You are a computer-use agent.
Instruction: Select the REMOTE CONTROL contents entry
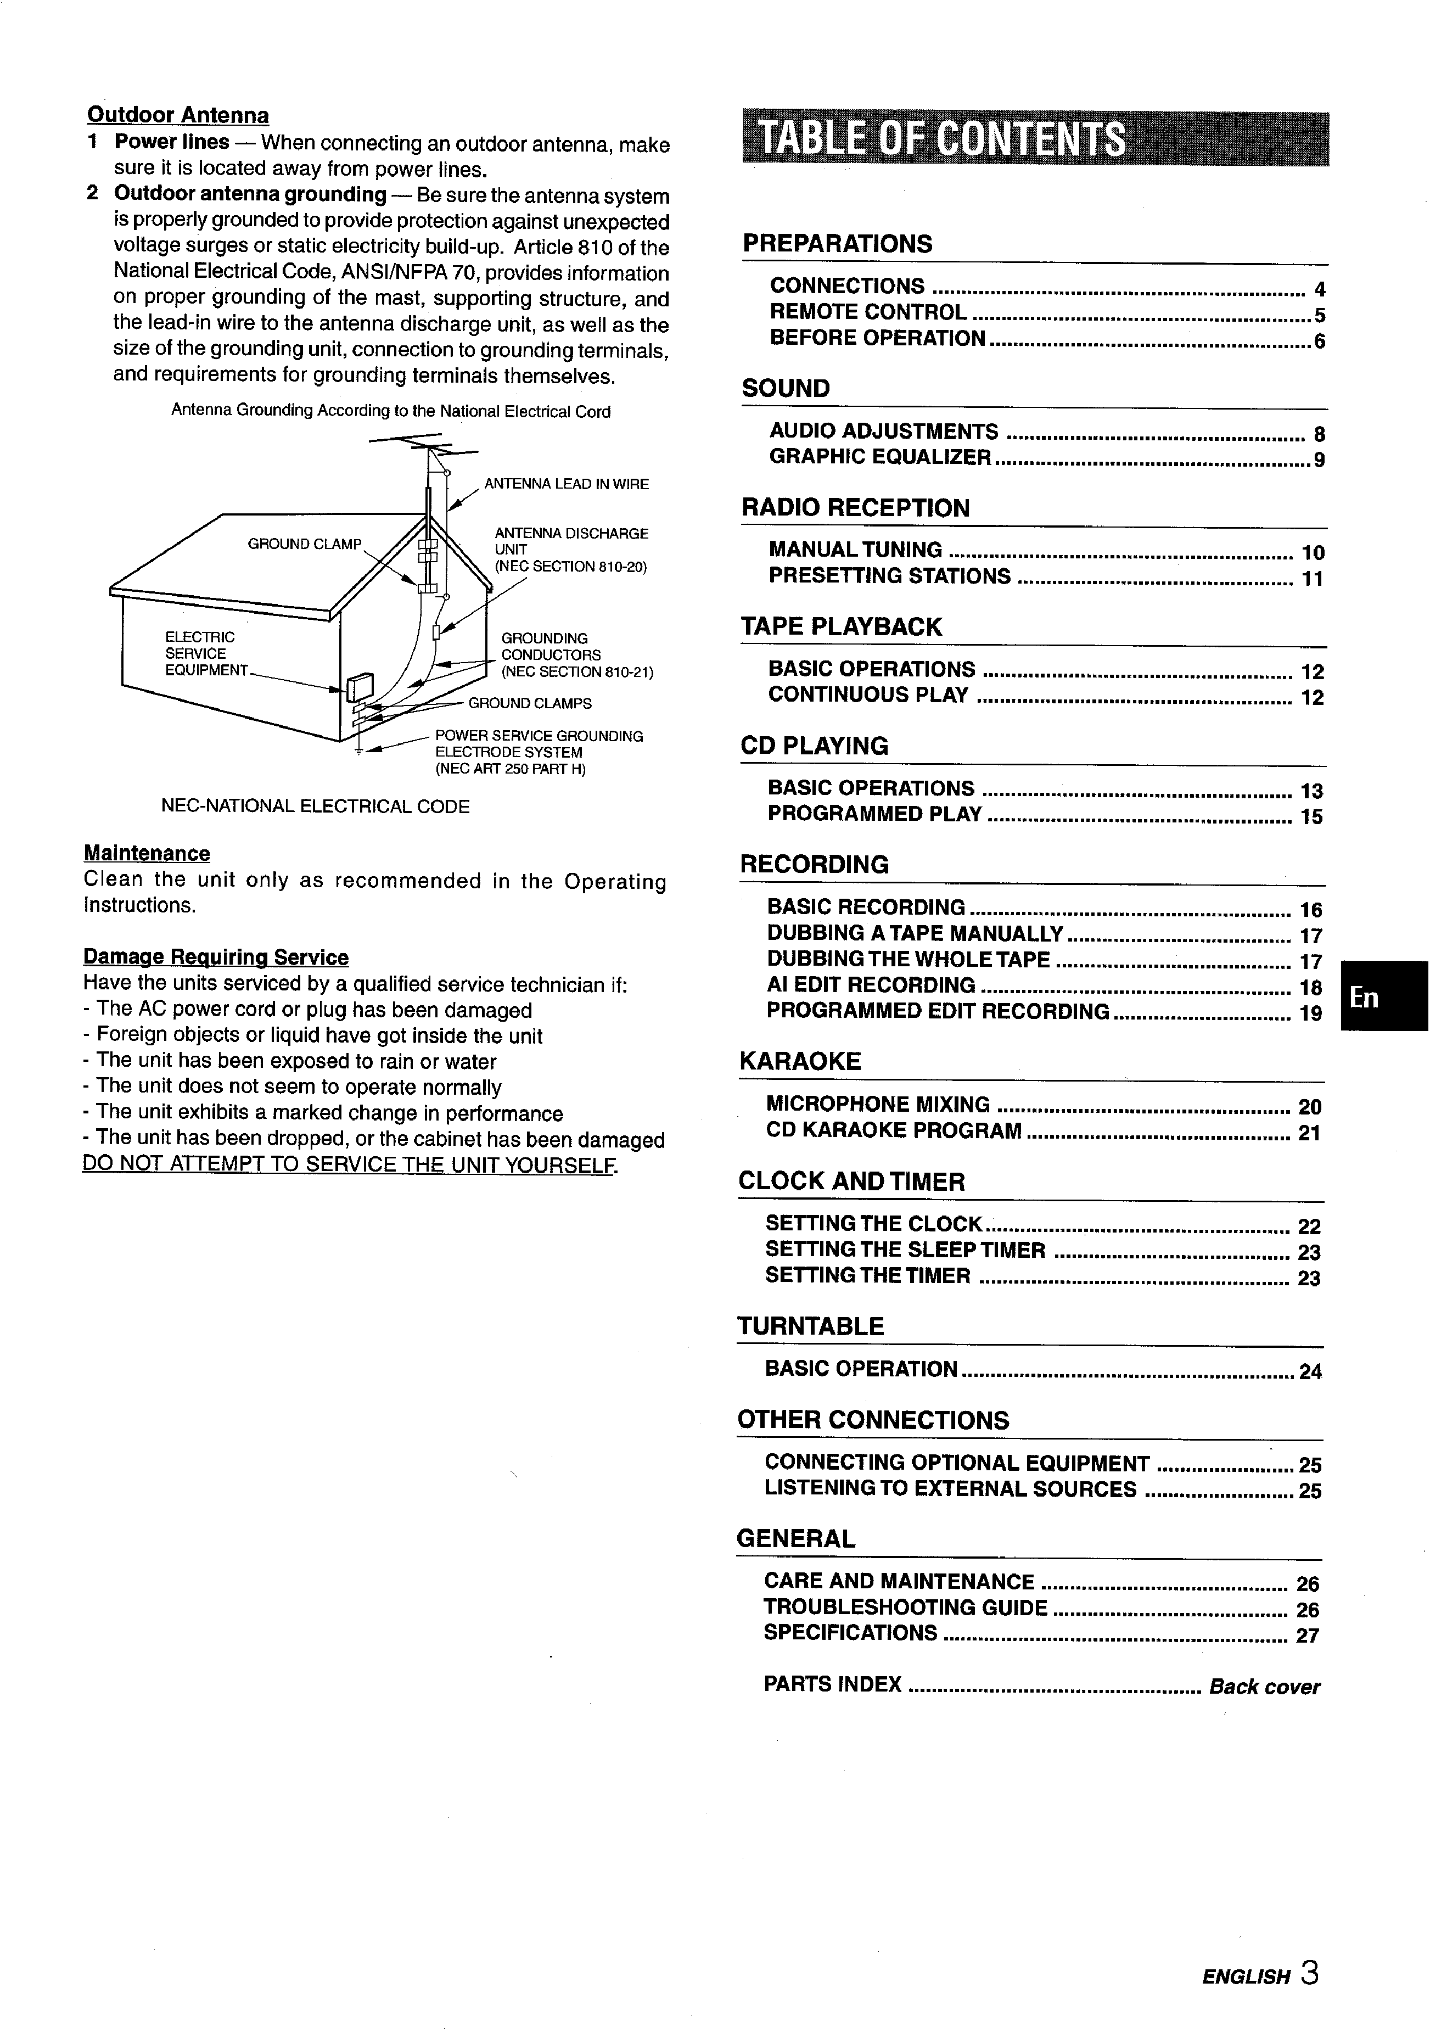click(x=868, y=312)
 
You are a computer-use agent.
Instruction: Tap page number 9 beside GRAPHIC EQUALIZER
click(x=1319, y=461)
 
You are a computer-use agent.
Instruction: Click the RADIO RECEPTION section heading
click(x=855, y=508)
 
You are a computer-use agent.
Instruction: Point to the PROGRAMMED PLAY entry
click(x=875, y=815)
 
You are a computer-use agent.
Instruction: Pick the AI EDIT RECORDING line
click(x=871, y=985)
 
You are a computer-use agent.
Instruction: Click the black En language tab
click(x=1383, y=997)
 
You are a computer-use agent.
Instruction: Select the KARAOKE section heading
click(x=800, y=1062)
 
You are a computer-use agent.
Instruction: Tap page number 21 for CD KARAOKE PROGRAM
click(x=1309, y=1133)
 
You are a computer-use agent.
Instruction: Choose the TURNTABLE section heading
click(x=810, y=1326)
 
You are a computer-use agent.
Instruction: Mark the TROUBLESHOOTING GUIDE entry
click(x=905, y=1608)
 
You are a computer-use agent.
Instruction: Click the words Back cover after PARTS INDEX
click(x=1264, y=1687)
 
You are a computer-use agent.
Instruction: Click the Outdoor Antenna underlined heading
click(x=178, y=116)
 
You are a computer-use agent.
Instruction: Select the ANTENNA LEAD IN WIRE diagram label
click(x=566, y=484)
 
